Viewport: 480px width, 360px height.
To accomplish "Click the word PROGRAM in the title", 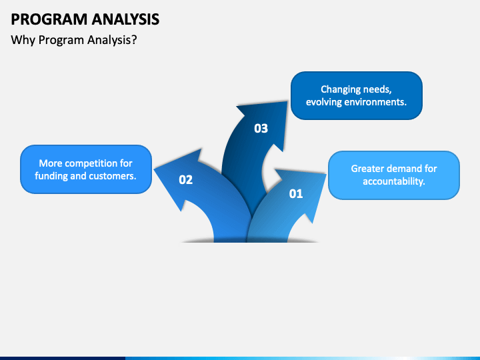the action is [x=49, y=19].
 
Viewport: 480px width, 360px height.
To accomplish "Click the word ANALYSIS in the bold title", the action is [x=125, y=19].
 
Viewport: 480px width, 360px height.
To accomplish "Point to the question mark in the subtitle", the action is [x=134, y=39].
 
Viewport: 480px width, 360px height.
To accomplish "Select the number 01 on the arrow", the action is [x=296, y=193].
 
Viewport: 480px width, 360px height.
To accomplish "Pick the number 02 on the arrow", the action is [x=186, y=180].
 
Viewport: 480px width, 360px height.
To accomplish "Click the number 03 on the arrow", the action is [x=261, y=128].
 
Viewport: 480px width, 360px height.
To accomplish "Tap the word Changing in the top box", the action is [x=337, y=89].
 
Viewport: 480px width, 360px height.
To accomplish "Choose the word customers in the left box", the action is [x=113, y=176].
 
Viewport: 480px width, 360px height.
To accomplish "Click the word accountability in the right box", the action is [x=394, y=181].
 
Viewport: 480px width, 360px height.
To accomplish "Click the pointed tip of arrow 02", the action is [x=154, y=169].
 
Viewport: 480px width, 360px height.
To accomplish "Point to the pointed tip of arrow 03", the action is [x=287, y=101].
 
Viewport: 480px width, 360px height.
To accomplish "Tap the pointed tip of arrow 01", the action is [x=326, y=175].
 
